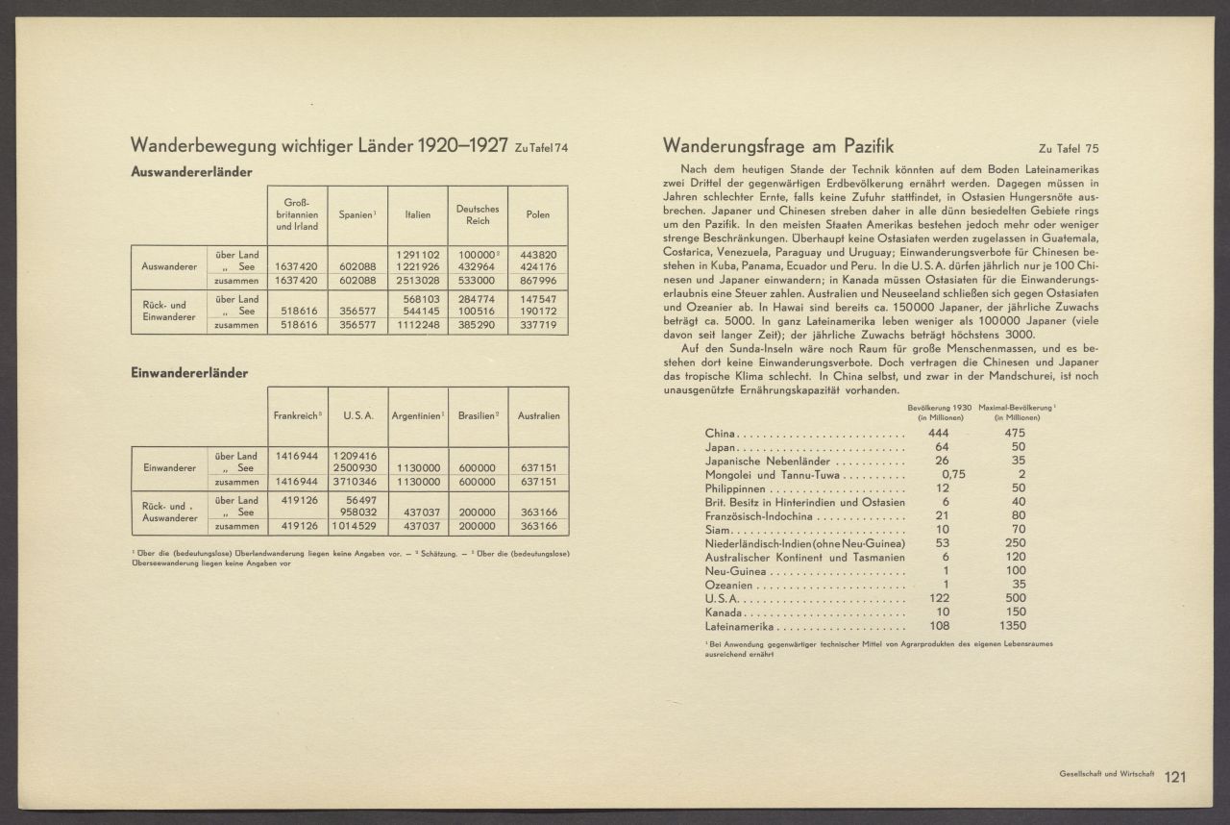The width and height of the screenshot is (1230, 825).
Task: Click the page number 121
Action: [x=1177, y=778]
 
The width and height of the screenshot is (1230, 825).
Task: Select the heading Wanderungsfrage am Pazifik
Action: [x=778, y=146]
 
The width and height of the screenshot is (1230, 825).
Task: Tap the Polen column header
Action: [x=538, y=214]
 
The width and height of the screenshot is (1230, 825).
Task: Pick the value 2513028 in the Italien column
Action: [x=417, y=281]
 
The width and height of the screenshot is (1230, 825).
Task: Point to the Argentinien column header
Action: [x=417, y=415]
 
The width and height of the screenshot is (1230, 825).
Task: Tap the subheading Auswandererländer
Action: [x=191, y=172]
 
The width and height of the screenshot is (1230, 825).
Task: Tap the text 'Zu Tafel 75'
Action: [x=1069, y=149]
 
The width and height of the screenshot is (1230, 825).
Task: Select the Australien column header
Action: [x=538, y=415]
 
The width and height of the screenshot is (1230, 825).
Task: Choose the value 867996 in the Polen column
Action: [x=538, y=281]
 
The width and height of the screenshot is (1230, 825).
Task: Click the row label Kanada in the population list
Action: [x=724, y=612]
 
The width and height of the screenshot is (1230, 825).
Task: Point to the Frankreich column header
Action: [x=296, y=415]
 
